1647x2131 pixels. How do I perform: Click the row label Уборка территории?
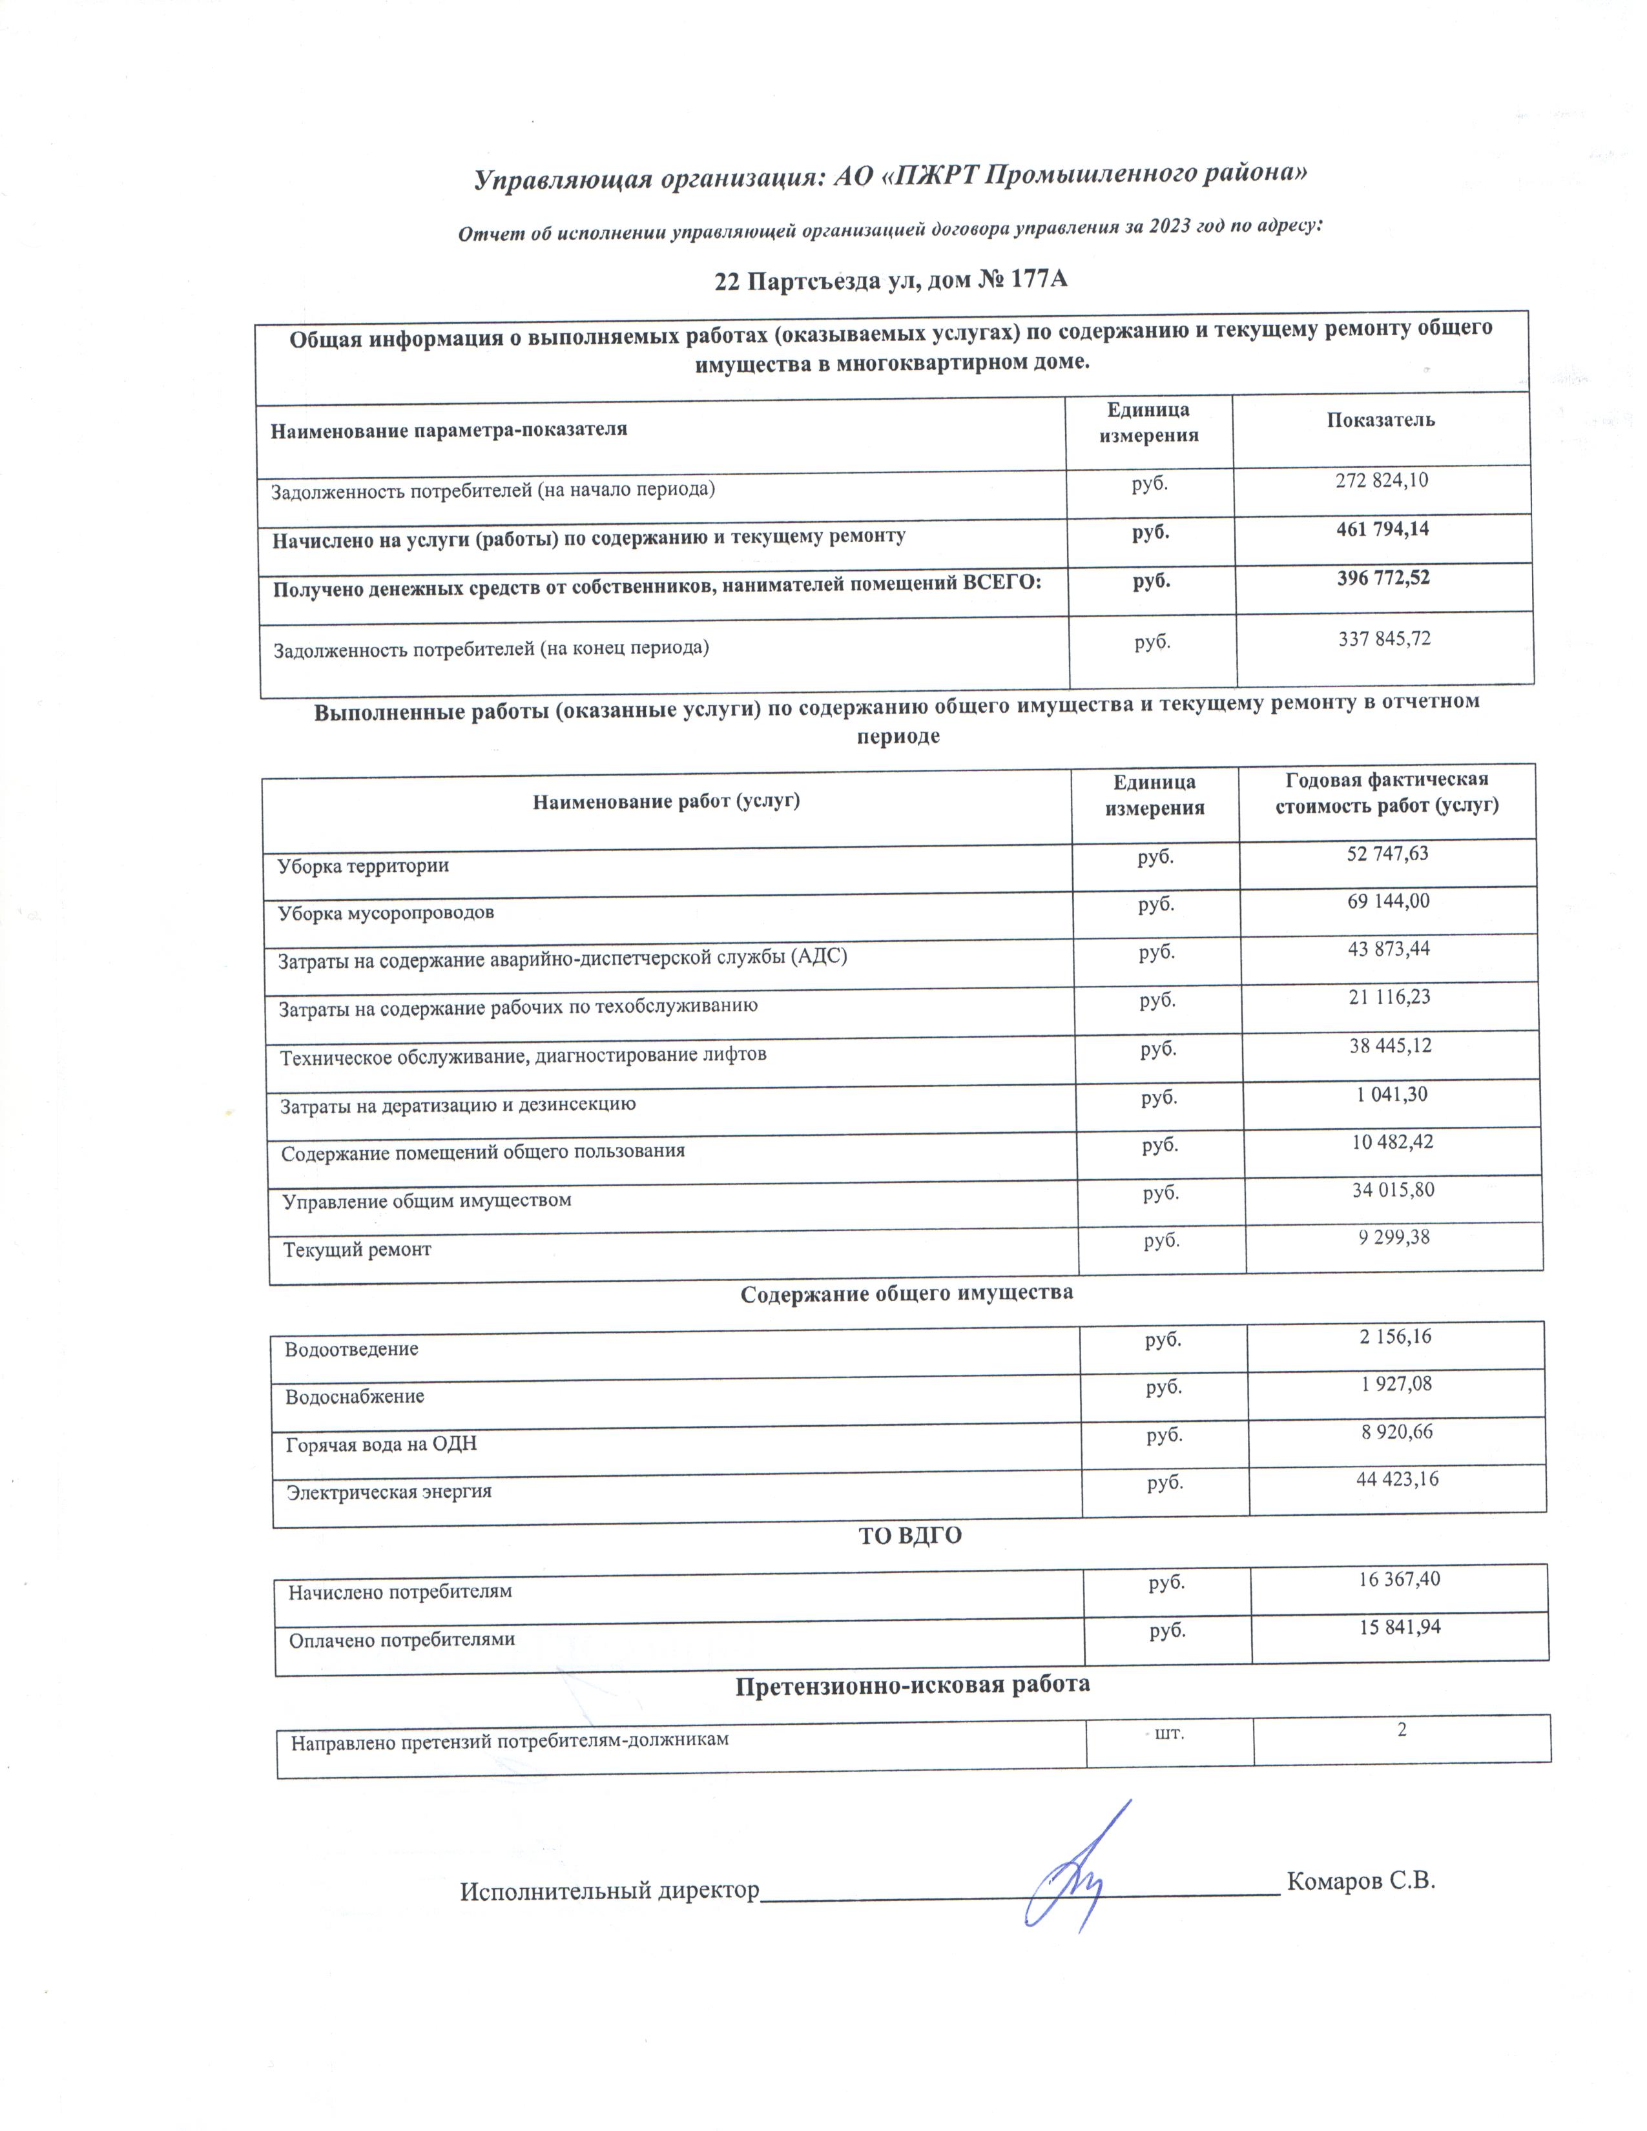tap(363, 865)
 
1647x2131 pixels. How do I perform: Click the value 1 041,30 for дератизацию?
tap(1391, 1095)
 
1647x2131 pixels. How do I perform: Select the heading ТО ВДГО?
tap(909, 1536)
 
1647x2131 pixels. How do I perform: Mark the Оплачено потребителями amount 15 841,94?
tap(1399, 1627)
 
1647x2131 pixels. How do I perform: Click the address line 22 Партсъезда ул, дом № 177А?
tap(891, 281)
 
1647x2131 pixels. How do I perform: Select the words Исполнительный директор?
tap(609, 1891)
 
